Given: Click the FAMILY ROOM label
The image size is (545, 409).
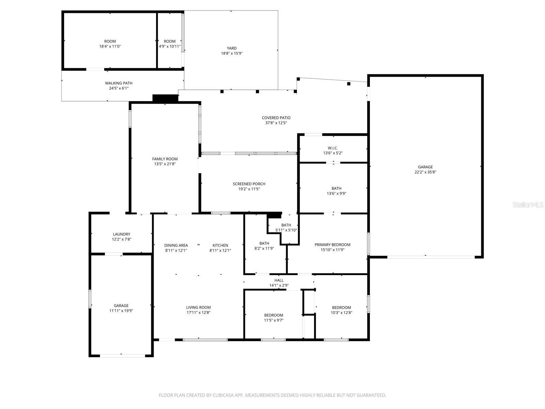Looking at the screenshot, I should point(165,159).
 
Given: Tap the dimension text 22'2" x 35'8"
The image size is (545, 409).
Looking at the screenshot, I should point(425,172).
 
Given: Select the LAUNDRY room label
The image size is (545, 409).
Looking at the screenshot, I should point(122,234).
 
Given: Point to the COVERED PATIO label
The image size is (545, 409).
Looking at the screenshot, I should point(276,118).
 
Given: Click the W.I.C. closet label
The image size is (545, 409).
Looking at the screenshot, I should point(333,148).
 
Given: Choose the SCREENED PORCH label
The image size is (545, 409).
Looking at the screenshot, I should point(249,184).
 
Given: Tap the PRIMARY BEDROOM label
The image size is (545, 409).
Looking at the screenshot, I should point(332,245).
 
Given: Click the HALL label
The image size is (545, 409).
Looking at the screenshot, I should point(279,281).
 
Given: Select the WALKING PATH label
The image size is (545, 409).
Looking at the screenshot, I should point(119,83).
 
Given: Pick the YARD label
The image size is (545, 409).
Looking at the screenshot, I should point(232,48).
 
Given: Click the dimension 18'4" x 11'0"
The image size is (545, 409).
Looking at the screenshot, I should point(110,46).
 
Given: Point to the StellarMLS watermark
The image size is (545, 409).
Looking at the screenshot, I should point(528,205).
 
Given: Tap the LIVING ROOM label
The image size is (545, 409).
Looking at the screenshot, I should point(198,307).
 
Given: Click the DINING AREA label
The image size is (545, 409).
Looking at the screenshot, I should point(176,245).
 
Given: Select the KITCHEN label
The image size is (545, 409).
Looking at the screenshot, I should point(220,245).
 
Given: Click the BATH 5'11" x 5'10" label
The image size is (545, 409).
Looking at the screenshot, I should point(286,225).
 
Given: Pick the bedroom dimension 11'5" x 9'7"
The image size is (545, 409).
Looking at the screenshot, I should point(274,320).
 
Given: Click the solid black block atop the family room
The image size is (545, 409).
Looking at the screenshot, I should point(165,98).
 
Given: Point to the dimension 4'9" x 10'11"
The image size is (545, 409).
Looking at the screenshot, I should point(170,46).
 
